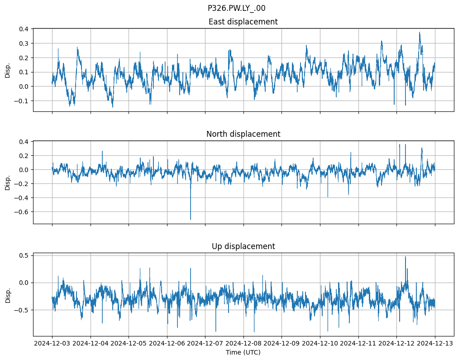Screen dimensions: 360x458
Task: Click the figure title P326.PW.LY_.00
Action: point(236,8)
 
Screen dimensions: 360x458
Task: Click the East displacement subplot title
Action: point(243,22)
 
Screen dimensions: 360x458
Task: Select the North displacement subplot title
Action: point(243,134)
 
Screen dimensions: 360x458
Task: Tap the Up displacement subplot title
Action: point(243,246)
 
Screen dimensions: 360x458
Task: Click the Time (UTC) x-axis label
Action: point(243,352)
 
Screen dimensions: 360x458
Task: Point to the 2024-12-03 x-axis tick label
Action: point(52,344)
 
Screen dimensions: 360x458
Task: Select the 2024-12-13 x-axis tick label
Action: point(435,344)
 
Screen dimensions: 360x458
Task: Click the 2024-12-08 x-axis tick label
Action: point(243,344)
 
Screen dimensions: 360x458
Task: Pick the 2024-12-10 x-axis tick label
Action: point(320,344)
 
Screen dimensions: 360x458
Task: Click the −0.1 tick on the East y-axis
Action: point(22,101)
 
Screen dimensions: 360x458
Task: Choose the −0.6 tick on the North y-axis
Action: point(22,211)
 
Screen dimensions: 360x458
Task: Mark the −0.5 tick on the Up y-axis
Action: point(22,310)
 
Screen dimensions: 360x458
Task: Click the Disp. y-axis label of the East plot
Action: point(8,70)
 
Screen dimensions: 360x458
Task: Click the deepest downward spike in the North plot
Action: point(191,219)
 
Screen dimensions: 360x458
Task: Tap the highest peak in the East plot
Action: point(420,32)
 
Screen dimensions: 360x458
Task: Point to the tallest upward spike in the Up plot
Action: point(405,257)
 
